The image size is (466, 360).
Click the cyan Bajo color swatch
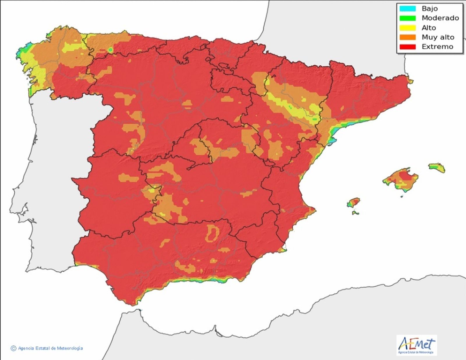pos(407,8)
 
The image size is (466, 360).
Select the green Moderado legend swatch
pos(407,18)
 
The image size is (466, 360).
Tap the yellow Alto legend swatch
pos(407,28)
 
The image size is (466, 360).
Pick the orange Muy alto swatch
pos(407,37)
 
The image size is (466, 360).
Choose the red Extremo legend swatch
pos(407,47)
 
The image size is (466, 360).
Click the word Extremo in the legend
pos(437,47)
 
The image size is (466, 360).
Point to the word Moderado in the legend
pos(440,18)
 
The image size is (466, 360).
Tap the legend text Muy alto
pos(438,37)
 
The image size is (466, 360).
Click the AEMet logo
pos(416,345)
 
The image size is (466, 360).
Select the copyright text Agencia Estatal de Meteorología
pos(50,348)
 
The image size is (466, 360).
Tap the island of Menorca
pos(437,168)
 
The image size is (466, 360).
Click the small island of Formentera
pos(355,213)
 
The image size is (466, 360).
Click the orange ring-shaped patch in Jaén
pos(212,233)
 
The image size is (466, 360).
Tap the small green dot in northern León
pos(110,50)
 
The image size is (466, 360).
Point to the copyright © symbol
pos(13,348)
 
